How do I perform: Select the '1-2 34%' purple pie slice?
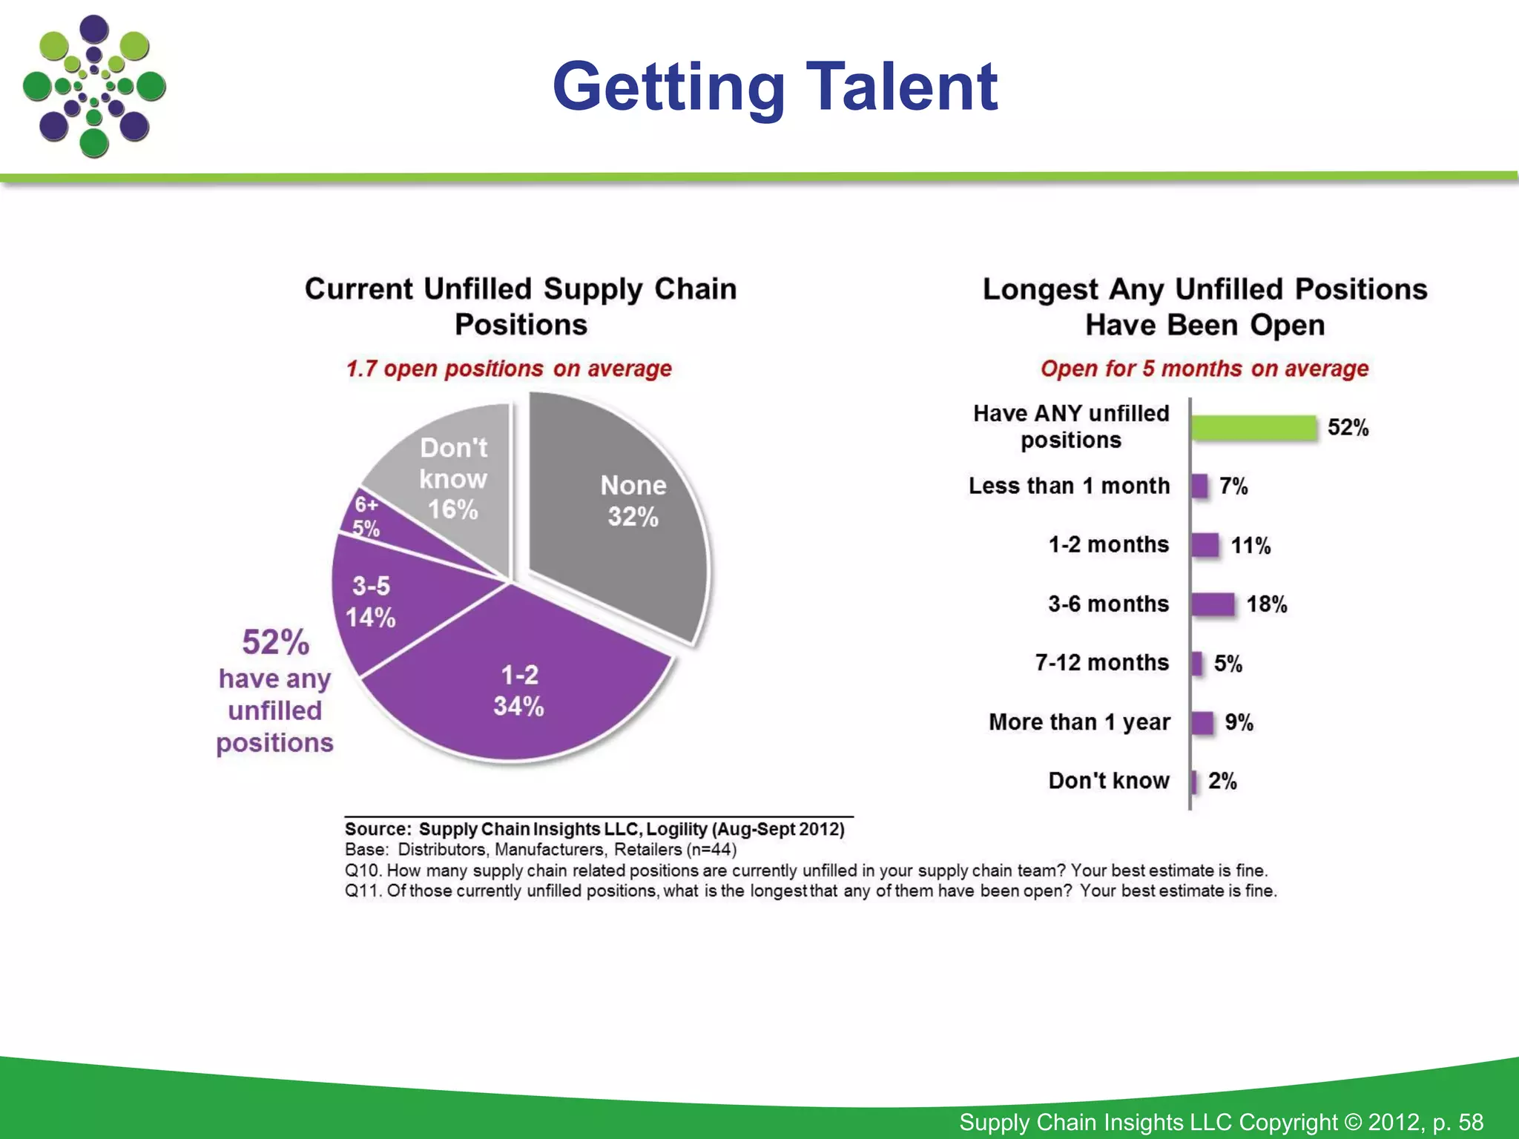click(519, 690)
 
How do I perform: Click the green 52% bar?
click(1253, 428)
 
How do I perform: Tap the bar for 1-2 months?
click(1205, 545)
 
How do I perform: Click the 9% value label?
click(1239, 722)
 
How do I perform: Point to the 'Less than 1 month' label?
click(1069, 486)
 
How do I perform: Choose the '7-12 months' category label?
click(1101, 662)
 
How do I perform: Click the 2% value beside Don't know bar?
click(1222, 781)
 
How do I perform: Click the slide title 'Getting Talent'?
click(775, 87)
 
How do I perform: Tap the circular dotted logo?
click(94, 87)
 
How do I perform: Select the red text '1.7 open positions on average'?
click(509, 369)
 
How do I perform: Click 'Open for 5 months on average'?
click(1205, 369)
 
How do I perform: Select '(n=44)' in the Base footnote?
click(711, 850)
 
